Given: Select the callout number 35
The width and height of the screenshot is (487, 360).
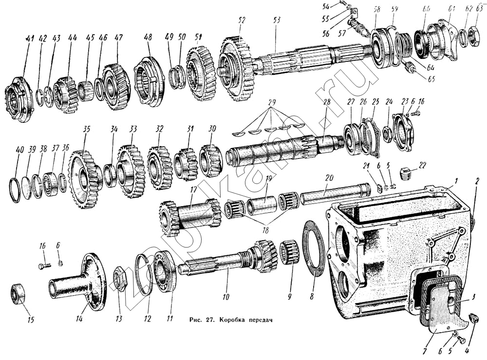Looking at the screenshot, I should point(86,130).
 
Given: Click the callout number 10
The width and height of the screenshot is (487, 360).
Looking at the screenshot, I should point(225,297).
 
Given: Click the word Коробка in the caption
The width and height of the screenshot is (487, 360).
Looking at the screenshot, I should point(234,320).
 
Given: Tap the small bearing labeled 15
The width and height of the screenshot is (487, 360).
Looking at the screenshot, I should point(18,294).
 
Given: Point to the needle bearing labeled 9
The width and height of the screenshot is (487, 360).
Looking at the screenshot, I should point(289,253).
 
